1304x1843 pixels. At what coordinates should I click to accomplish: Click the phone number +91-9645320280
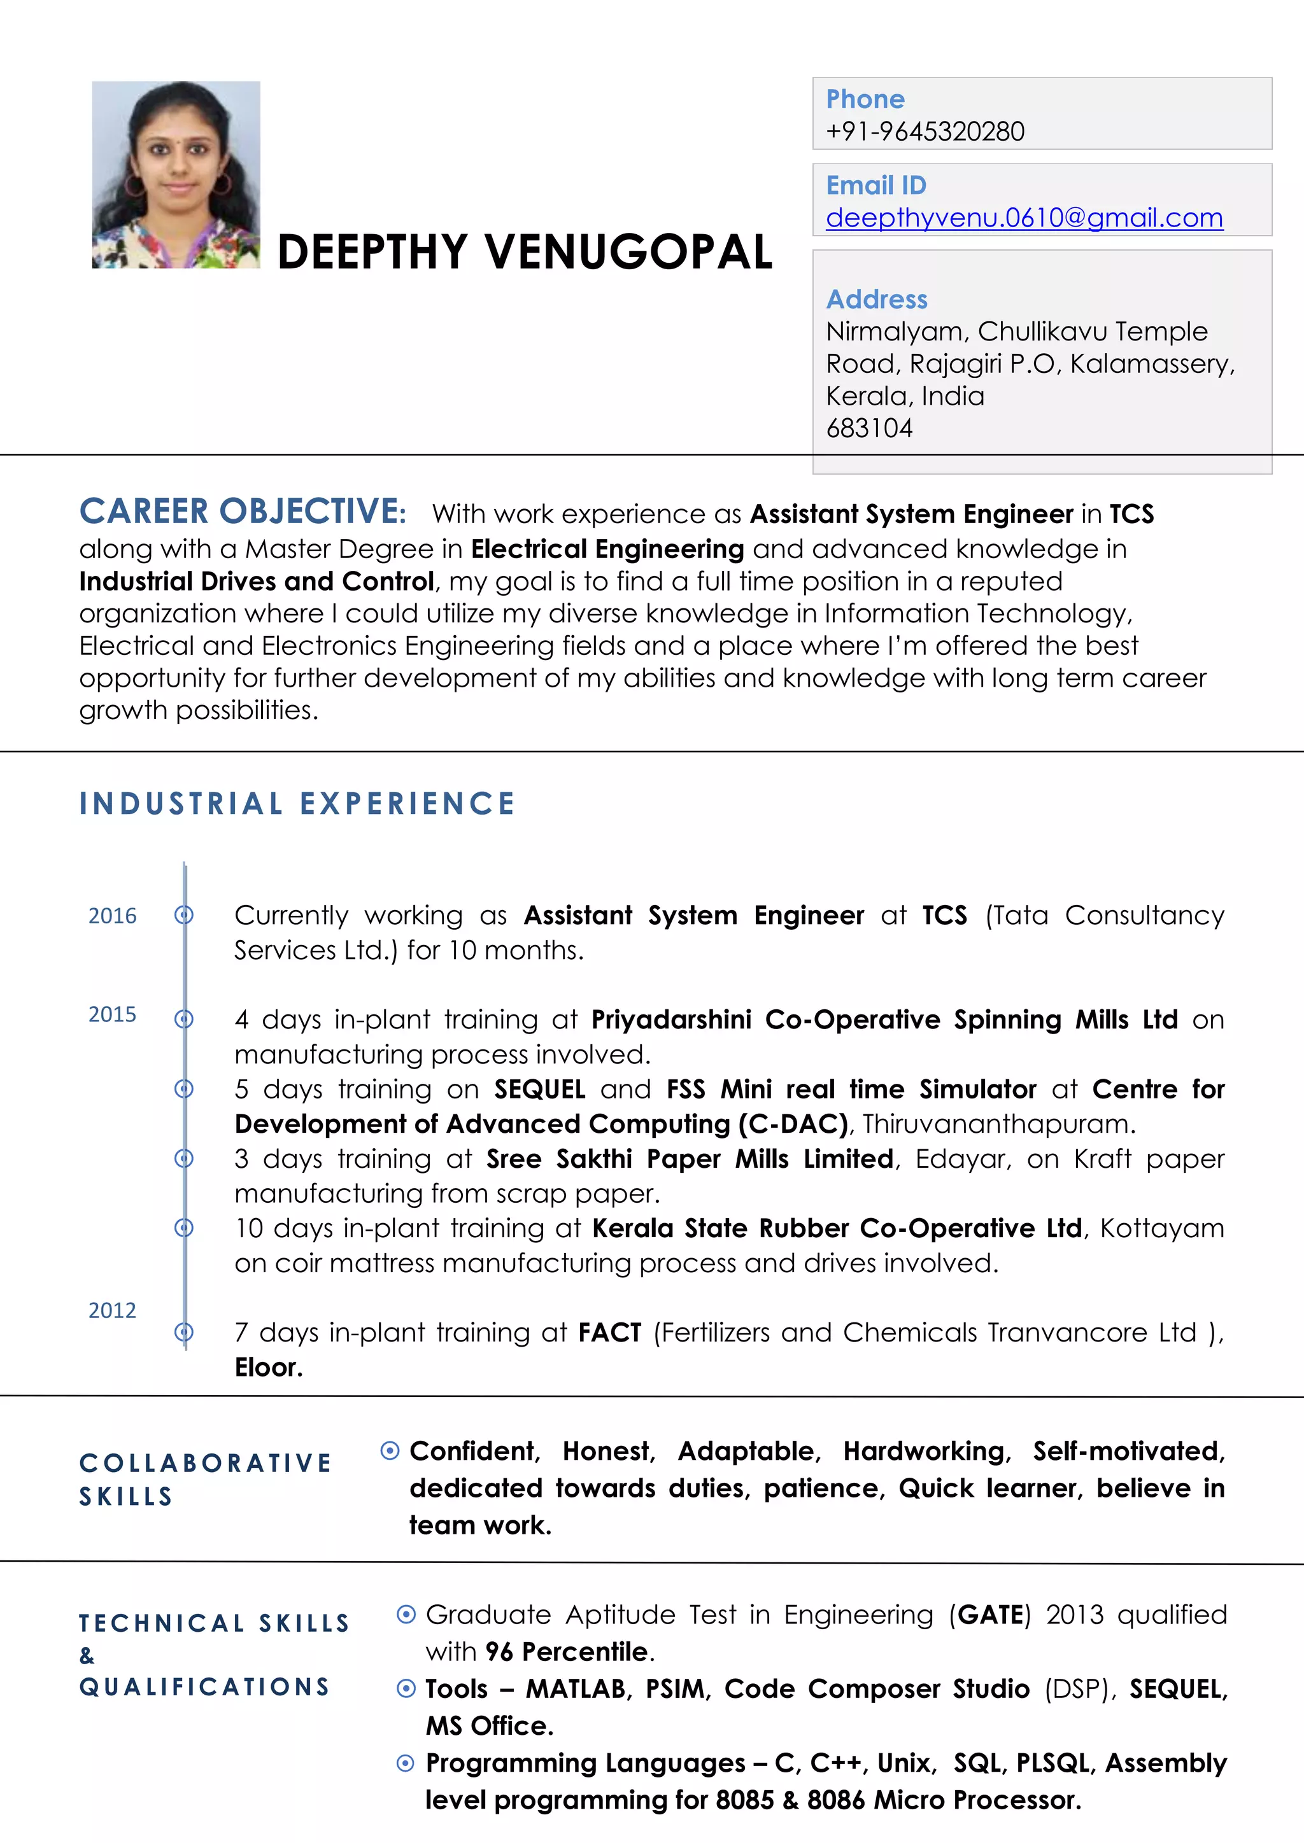[925, 132]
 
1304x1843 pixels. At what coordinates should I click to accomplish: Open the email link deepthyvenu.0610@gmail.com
[1024, 218]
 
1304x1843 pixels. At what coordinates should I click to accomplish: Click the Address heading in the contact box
[877, 299]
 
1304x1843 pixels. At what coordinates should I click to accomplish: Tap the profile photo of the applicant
[176, 174]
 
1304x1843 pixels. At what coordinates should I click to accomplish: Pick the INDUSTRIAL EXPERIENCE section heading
[297, 804]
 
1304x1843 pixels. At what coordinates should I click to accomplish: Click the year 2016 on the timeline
[113, 916]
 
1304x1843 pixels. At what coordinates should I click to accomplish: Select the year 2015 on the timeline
[113, 1014]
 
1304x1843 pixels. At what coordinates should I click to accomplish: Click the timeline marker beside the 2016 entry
[184, 915]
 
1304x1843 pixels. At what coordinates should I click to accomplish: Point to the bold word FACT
[609, 1333]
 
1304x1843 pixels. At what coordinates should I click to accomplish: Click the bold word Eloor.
[268, 1368]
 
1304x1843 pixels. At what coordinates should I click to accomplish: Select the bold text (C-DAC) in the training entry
[793, 1125]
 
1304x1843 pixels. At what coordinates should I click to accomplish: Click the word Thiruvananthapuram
[998, 1125]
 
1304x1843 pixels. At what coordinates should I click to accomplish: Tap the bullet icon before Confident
[390, 1450]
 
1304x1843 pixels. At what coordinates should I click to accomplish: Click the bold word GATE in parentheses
[990, 1615]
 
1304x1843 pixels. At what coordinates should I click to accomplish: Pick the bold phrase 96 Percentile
[566, 1652]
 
